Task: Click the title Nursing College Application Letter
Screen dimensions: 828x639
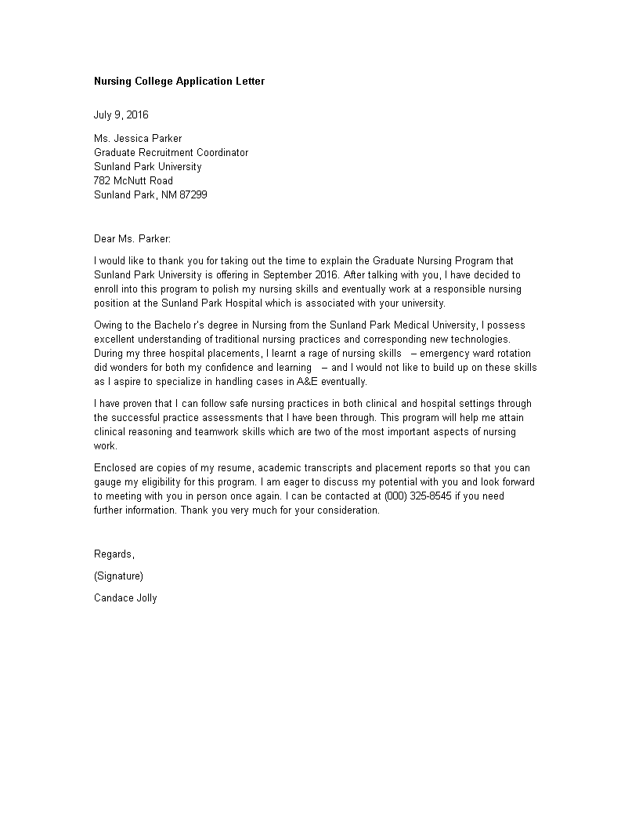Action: (x=179, y=81)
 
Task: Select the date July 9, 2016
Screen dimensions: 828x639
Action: (x=121, y=114)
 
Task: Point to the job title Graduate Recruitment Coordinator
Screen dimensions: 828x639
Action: (x=171, y=152)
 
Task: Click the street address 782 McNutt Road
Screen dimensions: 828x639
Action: (x=133, y=180)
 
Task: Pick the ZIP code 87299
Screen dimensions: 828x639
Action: (x=193, y=194)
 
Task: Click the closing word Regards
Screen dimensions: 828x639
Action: (x=114, y=554)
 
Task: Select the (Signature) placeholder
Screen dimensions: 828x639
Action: (x=118, y=576)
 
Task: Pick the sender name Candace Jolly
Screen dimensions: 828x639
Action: (x=125, y=597)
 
